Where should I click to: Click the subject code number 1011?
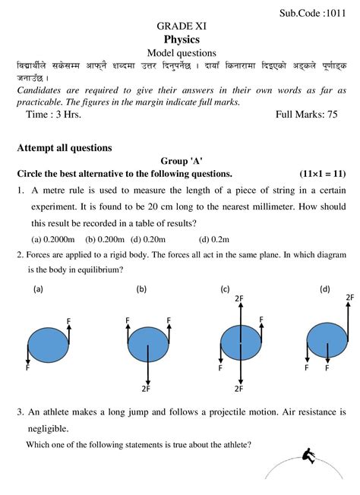[x=336, y=13]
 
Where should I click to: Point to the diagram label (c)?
[x=225, y=289]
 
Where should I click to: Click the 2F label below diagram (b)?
[x=145, y=389]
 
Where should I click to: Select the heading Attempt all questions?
[x=65, y=147]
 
